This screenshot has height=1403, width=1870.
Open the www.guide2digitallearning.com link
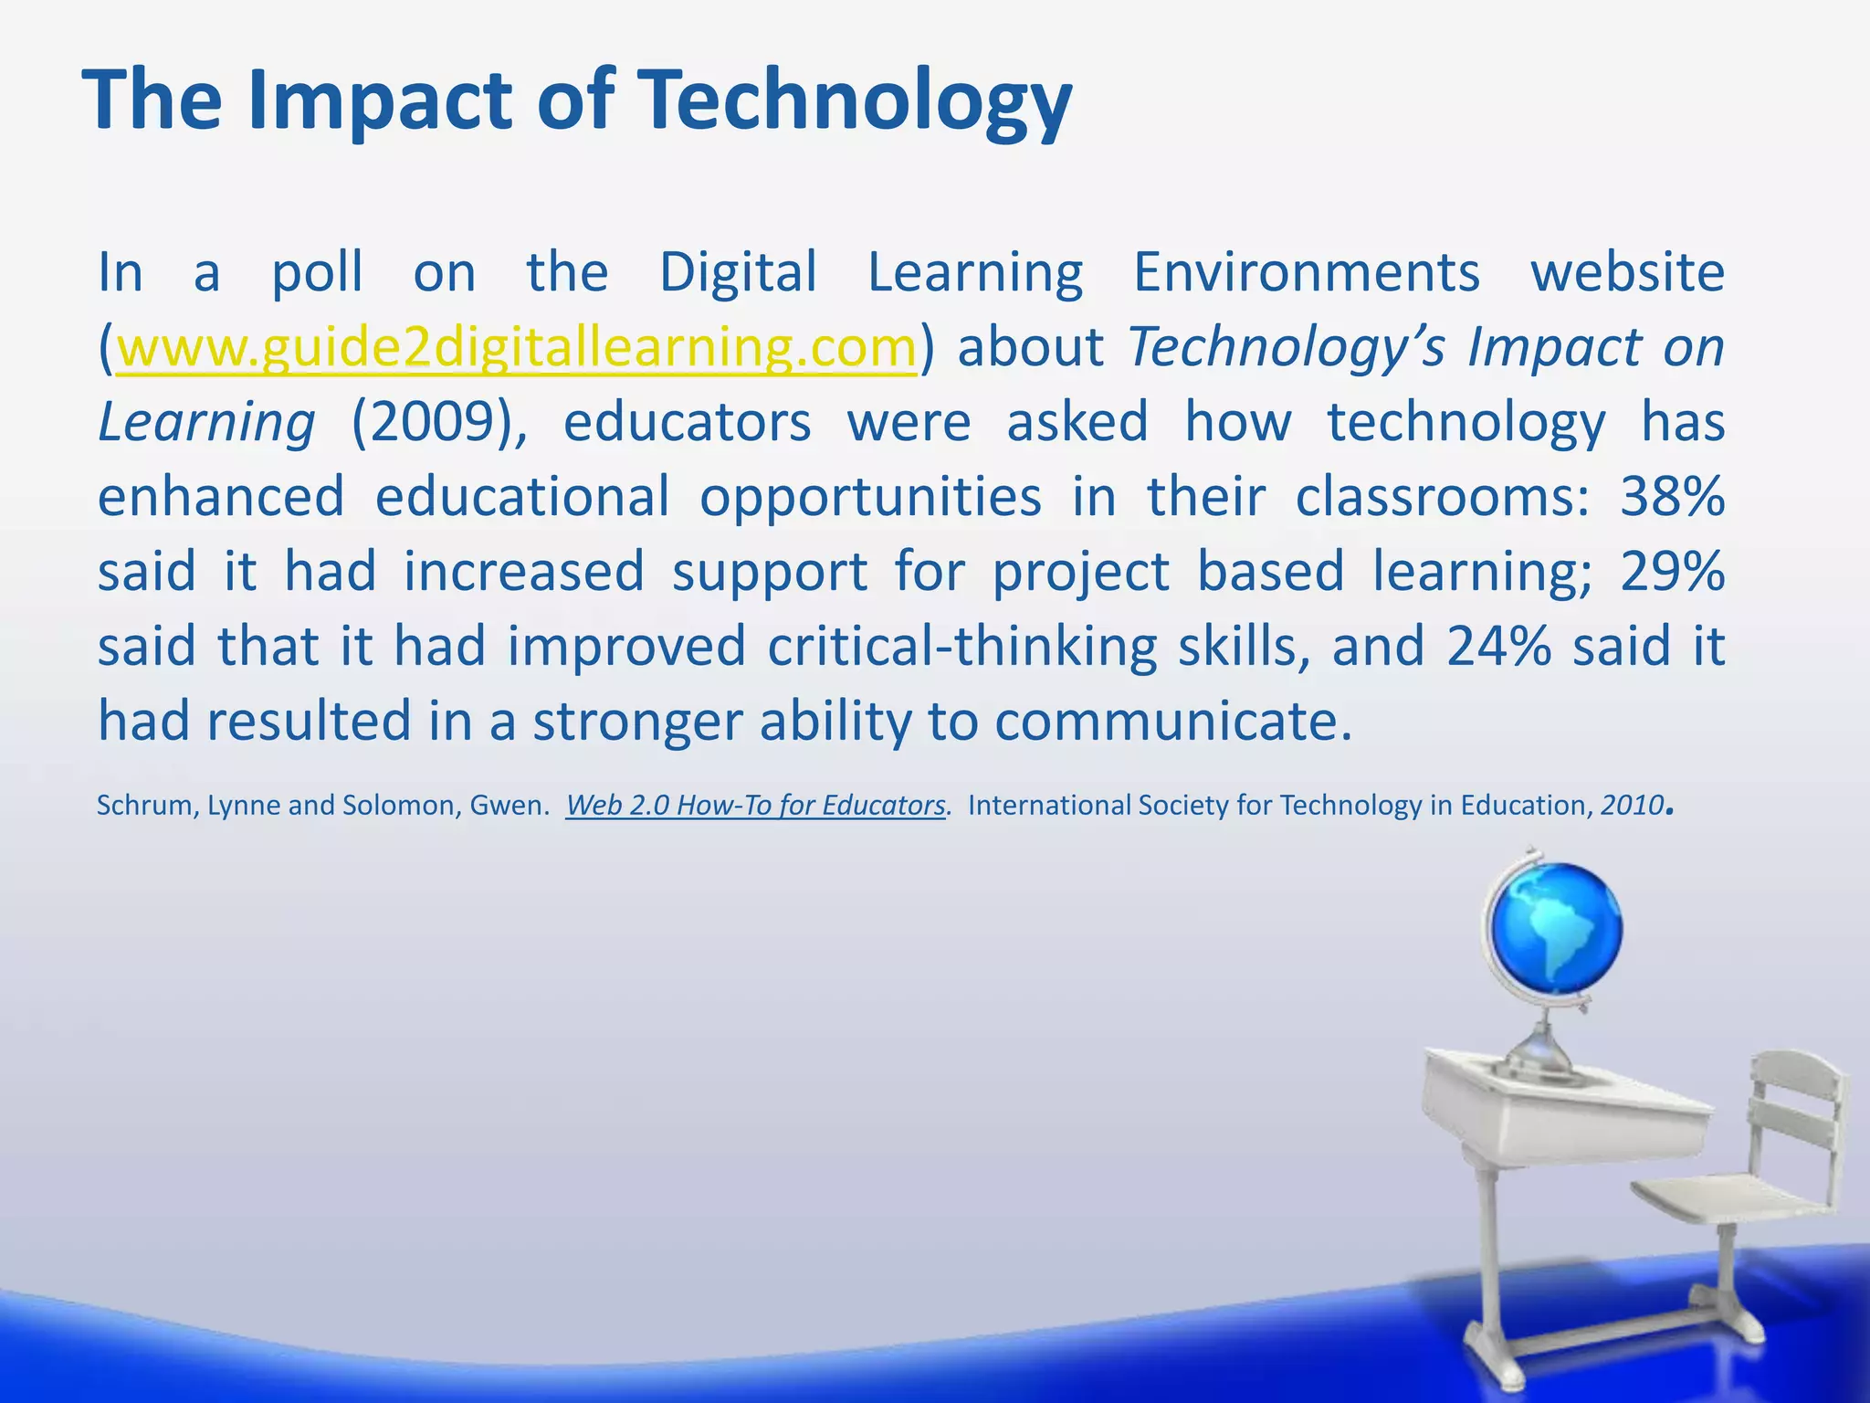pyautogui.click(x=517, y=348)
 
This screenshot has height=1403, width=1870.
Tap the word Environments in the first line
pyautogui.click(x=1306, y=273)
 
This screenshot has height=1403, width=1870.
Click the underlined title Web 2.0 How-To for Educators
pyautogui.click(x=755, y=806)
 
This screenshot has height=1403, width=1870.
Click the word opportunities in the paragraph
pyautogui.click(x=871, y=498)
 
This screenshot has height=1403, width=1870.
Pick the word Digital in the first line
pyautogui.click(x=738, y=273)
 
